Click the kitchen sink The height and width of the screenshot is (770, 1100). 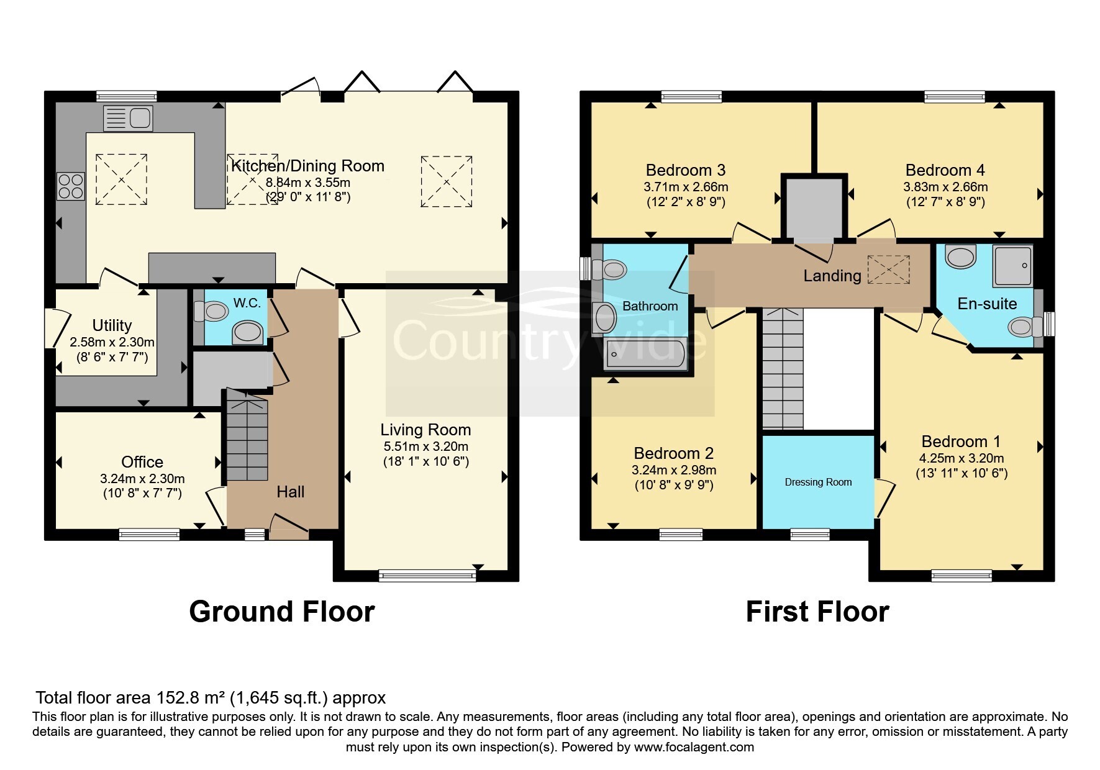(128, 118)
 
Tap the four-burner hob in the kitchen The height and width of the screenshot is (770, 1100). (71, 186)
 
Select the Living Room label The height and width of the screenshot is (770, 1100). (425, 430)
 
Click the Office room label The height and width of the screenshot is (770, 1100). (142, 462)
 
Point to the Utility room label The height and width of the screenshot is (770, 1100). (112, 325)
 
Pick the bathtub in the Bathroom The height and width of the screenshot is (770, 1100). (645, 355)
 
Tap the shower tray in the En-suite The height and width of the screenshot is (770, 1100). (1012, 266)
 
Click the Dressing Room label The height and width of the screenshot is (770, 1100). (818, 482)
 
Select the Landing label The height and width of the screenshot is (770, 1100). (832, 276)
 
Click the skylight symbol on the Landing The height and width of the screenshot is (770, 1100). (889, 269)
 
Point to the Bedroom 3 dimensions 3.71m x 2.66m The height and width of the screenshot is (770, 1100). (686, 187)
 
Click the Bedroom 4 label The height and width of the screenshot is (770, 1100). (945, 170)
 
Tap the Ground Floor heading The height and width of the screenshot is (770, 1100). (281, 612)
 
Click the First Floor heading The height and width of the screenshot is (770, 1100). (817, 612)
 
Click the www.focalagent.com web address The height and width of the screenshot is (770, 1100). (694, 747)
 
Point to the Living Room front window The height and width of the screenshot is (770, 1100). (427, 576)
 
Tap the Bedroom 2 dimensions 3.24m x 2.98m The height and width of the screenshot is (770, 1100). (674, 470)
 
